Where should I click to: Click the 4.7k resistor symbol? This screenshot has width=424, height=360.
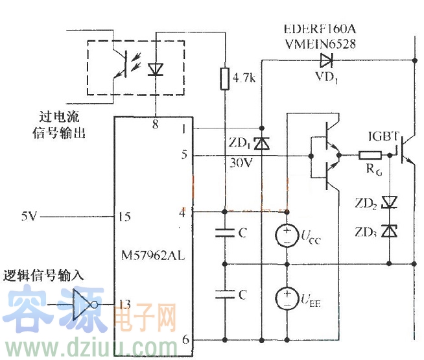(224, 78)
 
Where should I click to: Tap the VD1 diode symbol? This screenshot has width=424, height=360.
(326, 61)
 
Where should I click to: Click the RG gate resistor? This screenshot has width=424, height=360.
(371, 156)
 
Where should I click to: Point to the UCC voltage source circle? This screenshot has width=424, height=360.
(285, 237)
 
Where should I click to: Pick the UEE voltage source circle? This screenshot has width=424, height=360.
(285, 299)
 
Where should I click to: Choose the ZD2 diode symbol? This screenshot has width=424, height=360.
(389, 202)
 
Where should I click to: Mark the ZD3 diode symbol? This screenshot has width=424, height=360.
(389, 230)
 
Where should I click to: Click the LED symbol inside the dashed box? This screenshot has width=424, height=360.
(156, 69)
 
